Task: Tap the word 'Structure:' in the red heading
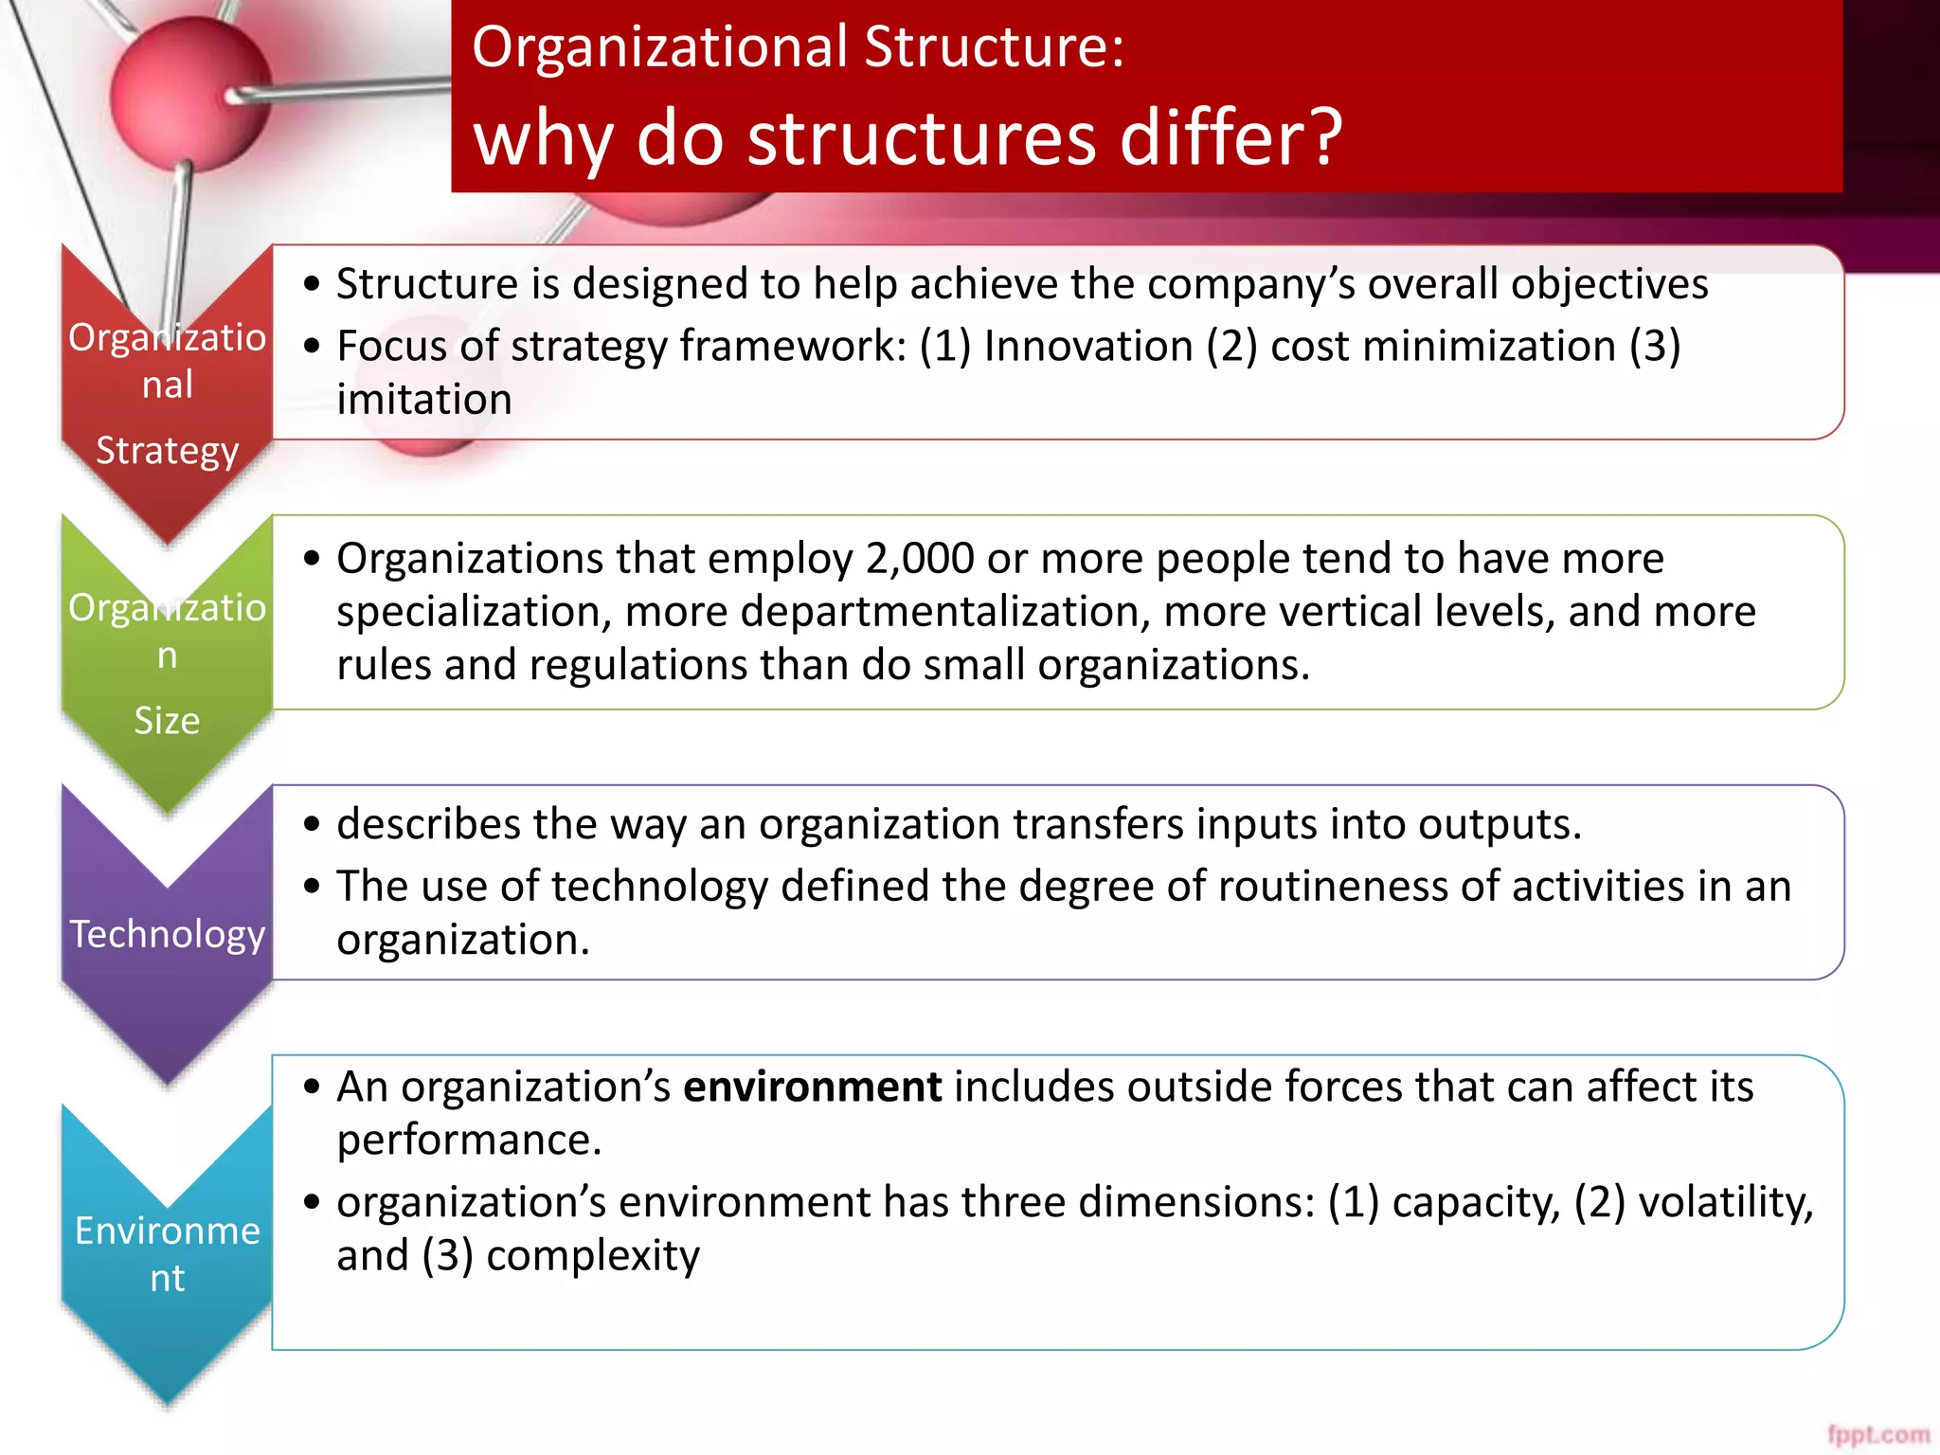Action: click(x=994, y=47)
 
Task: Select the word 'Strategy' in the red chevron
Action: click(x=168, y=451)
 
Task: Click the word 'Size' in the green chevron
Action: click(x=167, y=721)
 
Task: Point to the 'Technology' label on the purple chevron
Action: click(x=168, y=934)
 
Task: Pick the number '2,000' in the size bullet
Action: click(x=920, y=559)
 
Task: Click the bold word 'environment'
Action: click(x=812, y=1087)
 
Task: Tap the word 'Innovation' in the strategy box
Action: click(x=1088, y=346)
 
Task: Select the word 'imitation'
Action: click(x=424, y=400)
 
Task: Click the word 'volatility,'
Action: click(x=1726, y=1202)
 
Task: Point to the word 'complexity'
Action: click(x=593, y=1256)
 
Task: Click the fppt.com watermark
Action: click(x=1877, y=1434)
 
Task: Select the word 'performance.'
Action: click(x=470, y=1140)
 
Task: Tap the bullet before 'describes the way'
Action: click(x=313, y=824)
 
